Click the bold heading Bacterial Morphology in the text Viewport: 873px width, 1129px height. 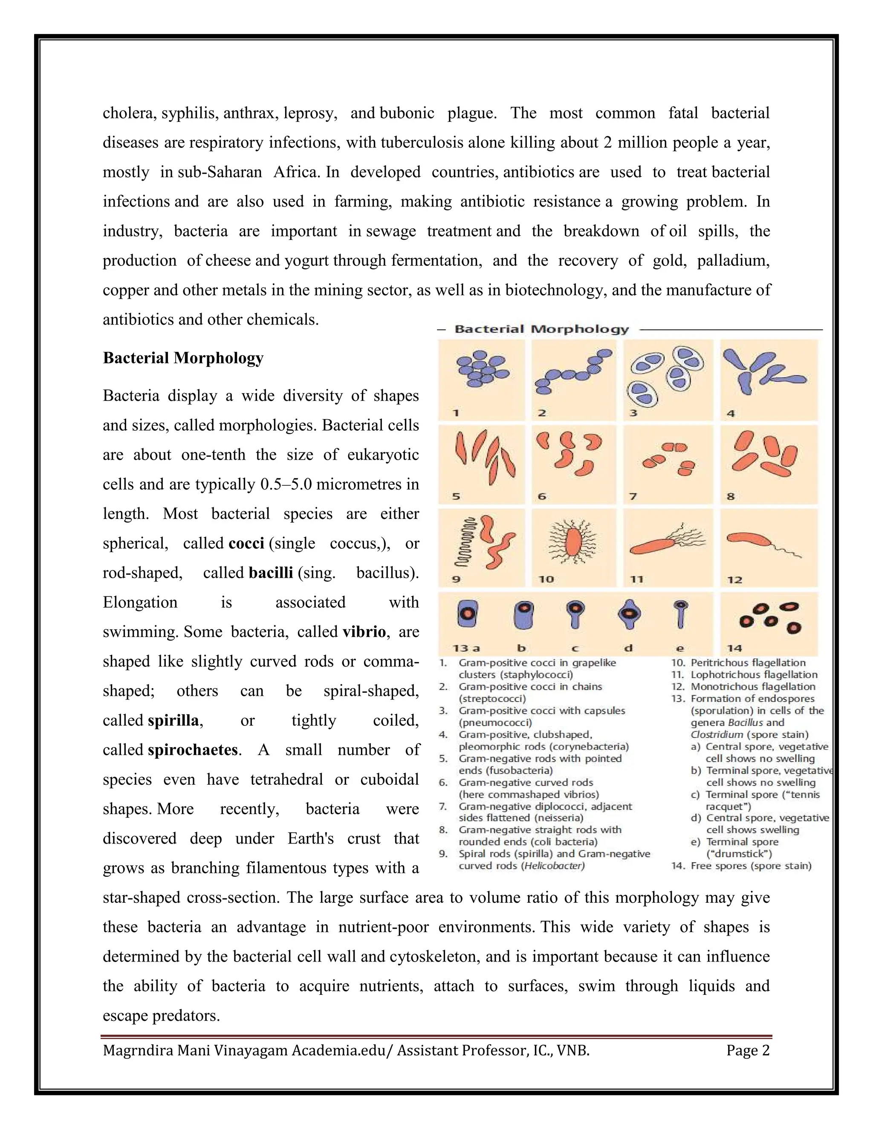pos(183,358)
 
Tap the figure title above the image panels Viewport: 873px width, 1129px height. pos(541,329)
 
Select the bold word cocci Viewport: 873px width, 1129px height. pos(246,543)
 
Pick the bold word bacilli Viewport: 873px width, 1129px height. pos(271,573)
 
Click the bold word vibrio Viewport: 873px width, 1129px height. pos(364,632)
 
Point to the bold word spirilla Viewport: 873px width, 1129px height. pos(174,720)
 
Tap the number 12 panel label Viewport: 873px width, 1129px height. pos(734,579)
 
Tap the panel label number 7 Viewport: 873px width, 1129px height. pos(633,496)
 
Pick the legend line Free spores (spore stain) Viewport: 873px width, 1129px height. pos(751,865)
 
